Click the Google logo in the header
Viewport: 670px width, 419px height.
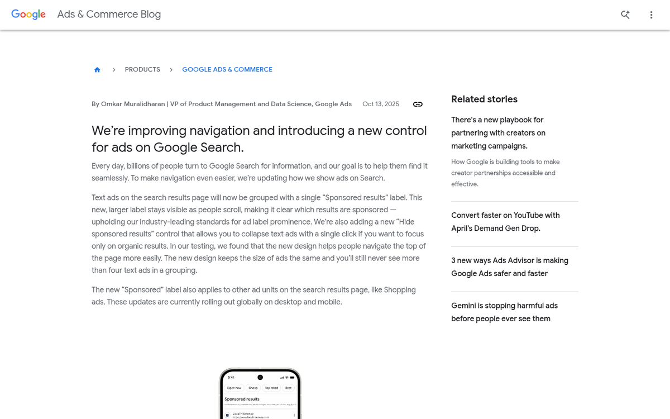[x=28, y=15]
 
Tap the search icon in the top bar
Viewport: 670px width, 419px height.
[x=625, y=15]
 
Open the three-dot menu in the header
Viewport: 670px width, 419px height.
[x=651, y=15]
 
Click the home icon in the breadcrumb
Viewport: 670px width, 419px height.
[x=97, y=70]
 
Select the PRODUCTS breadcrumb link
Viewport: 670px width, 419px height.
[x=142, y=70]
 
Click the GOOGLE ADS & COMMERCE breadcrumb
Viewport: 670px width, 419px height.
[x=227, y=70]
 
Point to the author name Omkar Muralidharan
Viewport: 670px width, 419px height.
[x=132, y=104]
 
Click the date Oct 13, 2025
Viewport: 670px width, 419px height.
[x=381, y=104]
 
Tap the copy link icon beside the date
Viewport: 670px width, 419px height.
[x=418, y=104]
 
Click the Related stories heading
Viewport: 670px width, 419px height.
[x=484, y=99]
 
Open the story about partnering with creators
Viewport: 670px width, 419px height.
[x=497, y=133]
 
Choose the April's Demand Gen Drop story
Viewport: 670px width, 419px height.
[x=505, y=222]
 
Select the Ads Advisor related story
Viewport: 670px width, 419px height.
[x=510, y=267]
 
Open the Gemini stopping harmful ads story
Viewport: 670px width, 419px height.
[x=504, y=312]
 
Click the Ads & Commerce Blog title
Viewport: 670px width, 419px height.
[x=109, y=15]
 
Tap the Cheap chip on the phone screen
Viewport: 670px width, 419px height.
[x=253, y=388]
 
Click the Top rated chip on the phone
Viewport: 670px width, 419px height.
[x=271, y=388]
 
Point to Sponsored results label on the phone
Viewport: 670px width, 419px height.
[x=242, y=399]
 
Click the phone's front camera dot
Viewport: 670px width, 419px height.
[x=260, y=377]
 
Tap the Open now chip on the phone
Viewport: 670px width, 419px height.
[x=234, y=388]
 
